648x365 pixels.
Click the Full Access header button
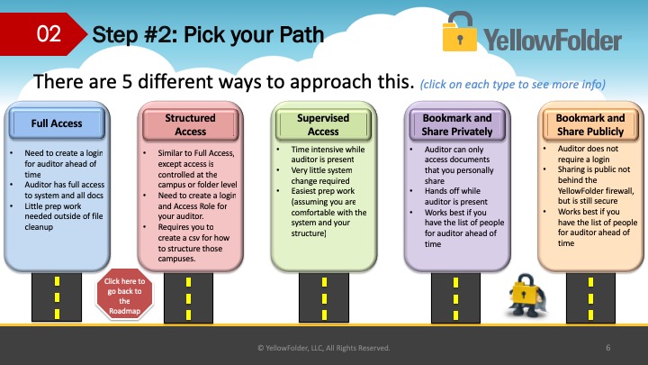click(57, 123)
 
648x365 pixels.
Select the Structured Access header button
click(191, 124)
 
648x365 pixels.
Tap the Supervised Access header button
click(324, 124)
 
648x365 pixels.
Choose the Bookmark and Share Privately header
click(457, 124)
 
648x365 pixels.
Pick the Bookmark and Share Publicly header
click(590, 124)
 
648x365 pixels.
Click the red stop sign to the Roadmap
click(124, 295)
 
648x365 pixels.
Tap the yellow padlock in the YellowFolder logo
click(459, 32)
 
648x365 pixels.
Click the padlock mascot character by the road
click(526, 296)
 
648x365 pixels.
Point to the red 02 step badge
click(44, 34)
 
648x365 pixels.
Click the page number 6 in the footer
click(607, 348)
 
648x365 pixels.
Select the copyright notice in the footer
click(324, 348)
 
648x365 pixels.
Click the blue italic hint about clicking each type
click(512, 85)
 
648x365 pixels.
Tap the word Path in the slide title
click(301, 35)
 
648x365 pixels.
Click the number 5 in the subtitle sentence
click(127, 81)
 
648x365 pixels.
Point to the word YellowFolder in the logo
click(553, 40)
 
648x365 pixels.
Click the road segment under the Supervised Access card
click(324, 297)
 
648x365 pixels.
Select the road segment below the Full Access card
click(57, 297)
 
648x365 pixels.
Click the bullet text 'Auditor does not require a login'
click(588, 154)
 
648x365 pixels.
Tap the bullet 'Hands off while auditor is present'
click(456, 196)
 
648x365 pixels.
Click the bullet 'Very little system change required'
click(321, 176)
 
